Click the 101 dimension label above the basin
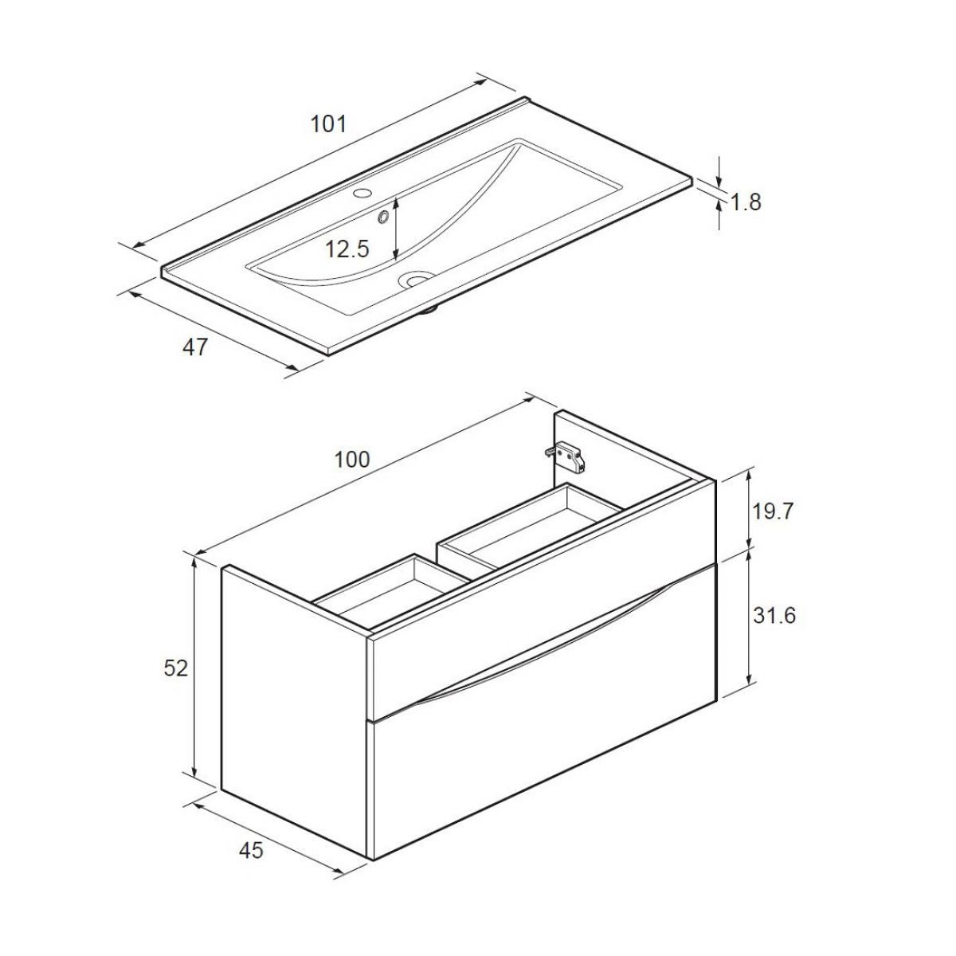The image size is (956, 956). [328, 124]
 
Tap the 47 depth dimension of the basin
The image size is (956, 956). [195, 347]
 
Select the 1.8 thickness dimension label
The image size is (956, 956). [746, 202]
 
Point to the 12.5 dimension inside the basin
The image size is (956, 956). [347, 249]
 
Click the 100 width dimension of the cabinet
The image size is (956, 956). [352, 460]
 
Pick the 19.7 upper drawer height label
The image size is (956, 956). [773, 511]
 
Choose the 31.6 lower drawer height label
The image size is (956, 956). [773, 616]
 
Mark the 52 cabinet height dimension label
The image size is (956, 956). [176, 668]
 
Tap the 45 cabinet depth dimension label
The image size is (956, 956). [251, 851]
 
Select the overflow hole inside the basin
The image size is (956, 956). [384, 215]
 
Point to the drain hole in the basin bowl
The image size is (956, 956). [415, 279]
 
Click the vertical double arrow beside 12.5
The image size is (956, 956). [397, 229]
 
